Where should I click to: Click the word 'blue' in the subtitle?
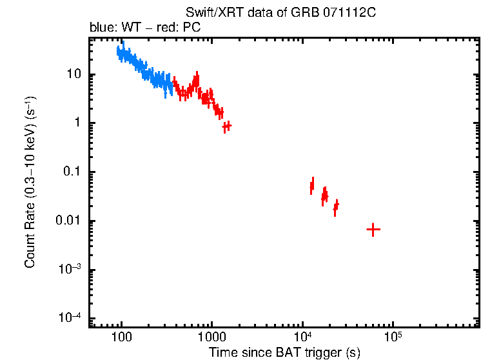click(x=100, y=28)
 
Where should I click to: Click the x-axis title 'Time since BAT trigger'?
click(x=284, y=352)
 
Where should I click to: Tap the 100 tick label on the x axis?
click(x=121, y=336)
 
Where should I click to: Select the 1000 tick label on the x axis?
click(x=211, y=336)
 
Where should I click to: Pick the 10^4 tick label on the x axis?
click(x=302, y=336)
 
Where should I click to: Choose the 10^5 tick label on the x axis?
click(x=392, y=336)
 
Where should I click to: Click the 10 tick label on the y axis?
click(x=75, y=74)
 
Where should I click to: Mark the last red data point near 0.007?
click(x=373, y=229)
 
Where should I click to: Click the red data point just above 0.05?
click(x=312, y=186)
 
